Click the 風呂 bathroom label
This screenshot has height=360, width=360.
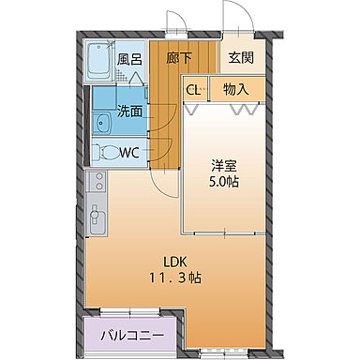point(128,58)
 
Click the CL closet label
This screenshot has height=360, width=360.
point(193,90)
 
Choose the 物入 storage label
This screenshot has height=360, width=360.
point(235,90)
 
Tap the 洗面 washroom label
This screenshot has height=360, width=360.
point(129,111)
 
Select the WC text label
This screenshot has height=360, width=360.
point(130,152)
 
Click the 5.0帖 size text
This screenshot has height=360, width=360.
point(223,181)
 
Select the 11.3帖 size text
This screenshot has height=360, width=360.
point(174,277)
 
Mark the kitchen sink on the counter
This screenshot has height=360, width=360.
point(96,218)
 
